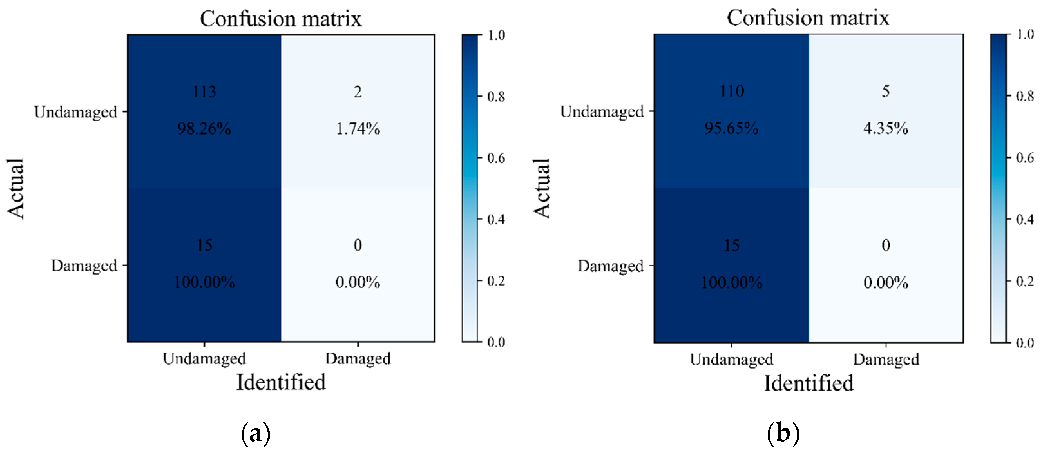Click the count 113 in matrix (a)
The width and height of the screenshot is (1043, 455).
(205, 92)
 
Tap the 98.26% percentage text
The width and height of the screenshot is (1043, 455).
(205, 129)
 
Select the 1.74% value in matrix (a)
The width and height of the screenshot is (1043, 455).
(358, 129)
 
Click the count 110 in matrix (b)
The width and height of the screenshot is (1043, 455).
(732, 91)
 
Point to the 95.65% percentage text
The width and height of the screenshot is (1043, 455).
(731, 129)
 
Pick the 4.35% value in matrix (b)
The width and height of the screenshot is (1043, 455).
(886, 129)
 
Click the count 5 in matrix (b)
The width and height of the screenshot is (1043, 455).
(886, 91)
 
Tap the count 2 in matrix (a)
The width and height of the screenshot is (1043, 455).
(358, 92)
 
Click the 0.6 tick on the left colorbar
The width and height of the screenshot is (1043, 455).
(496, 158)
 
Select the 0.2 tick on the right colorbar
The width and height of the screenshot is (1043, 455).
(1025, 281)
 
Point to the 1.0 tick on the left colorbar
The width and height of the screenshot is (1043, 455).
(496, 35)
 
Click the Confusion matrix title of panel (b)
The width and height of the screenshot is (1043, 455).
(808, 18)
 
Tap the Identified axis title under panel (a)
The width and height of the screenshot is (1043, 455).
(281, 382)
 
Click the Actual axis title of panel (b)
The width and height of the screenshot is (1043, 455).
(541, 189)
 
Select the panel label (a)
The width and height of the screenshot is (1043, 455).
(255, 434)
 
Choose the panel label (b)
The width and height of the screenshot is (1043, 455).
(783, 434)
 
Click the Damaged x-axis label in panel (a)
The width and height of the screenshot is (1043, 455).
(358, 359)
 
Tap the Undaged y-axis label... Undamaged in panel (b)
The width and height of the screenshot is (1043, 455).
(602, 112)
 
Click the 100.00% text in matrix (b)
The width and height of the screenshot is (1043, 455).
(732, 282)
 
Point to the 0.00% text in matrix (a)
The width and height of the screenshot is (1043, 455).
(358, 282)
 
